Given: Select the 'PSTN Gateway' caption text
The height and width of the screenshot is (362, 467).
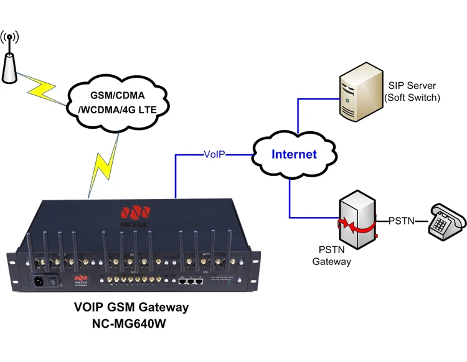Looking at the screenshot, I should click(x=331, y=255).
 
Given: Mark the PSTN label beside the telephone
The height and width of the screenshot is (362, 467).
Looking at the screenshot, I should click(x=402, y=220).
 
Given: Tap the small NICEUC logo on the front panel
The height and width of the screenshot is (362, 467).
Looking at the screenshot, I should click(x=80, y=279).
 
